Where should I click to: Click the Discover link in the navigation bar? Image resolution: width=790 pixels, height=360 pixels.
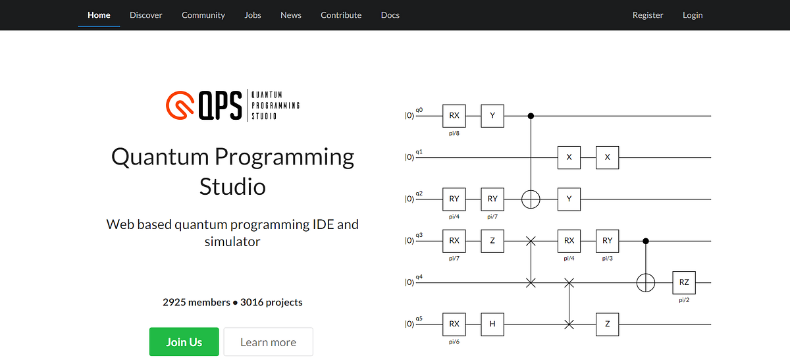point(146,15)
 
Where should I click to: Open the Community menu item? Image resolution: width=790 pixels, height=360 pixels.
point(203,15)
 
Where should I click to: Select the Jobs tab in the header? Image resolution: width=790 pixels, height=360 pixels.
point(253,15)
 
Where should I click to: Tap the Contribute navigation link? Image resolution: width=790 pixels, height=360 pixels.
point(341,15)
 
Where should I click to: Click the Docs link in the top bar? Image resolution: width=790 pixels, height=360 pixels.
point(390,15)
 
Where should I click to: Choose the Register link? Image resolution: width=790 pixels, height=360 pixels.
point(648,15)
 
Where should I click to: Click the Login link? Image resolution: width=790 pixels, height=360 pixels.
point(693,15)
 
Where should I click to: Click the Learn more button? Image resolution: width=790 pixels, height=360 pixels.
point(268,342)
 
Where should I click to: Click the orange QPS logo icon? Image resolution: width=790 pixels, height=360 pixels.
point(180,105)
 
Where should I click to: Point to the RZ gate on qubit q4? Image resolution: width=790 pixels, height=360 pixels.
point(684,282)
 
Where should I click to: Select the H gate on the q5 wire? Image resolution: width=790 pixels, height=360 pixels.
point(492,324)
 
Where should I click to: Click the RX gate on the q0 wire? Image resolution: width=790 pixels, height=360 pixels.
point(454,115)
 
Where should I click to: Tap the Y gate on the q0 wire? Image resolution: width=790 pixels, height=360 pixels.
point(492,115)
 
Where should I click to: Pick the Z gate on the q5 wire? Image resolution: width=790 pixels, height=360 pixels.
point(607,324)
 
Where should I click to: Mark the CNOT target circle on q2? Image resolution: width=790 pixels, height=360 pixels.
point(531,199)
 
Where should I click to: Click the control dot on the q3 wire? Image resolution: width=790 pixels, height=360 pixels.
point(645,241)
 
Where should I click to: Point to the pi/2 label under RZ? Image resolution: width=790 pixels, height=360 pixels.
point(684,299)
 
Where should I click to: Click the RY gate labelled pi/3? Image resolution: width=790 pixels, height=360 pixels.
point(607,241)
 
